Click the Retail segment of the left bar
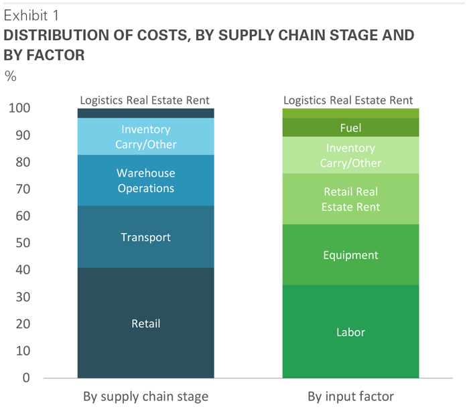pos(145,323)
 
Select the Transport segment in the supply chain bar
pos(145,237)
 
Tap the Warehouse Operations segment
pos(145,181)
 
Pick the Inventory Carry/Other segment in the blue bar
pos(145,137)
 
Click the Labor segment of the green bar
pos(350,331)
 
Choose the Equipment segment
pos(350,255)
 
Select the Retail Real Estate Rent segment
pos(350,199)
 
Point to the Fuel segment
pos(350,127)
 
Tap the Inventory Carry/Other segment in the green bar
pos(350,155)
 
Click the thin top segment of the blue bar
pos(145,113)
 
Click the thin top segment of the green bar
pos(350,113)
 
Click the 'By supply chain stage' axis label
pos(145,396)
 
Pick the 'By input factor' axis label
pos(350,396)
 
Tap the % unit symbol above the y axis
pos(11,76)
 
